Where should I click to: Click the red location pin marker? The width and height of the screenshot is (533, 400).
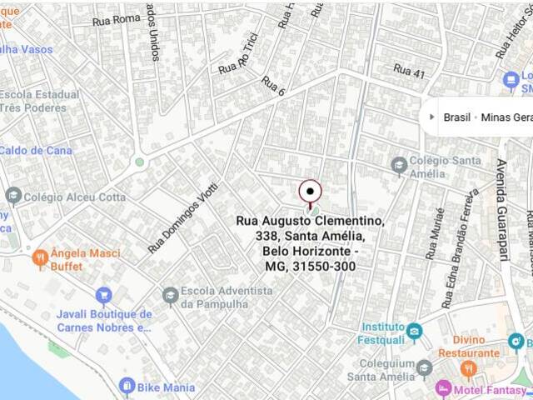310,192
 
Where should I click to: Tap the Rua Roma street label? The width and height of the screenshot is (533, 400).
117,18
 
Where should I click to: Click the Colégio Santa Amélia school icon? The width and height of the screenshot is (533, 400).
399,165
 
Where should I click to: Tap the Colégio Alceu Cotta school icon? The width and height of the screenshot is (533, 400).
12,197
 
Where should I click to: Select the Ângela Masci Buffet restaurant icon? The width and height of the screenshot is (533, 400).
39,259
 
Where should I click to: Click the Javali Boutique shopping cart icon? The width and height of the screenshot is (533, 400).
103,295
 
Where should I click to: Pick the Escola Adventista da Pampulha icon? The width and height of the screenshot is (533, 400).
170,295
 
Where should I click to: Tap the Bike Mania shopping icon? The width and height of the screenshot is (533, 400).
127,387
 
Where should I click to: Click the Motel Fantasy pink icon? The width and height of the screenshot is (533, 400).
444,388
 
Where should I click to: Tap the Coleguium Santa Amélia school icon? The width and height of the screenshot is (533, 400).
424,367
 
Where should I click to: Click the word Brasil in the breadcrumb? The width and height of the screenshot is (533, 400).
457,117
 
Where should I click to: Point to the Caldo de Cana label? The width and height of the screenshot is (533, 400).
36,151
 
